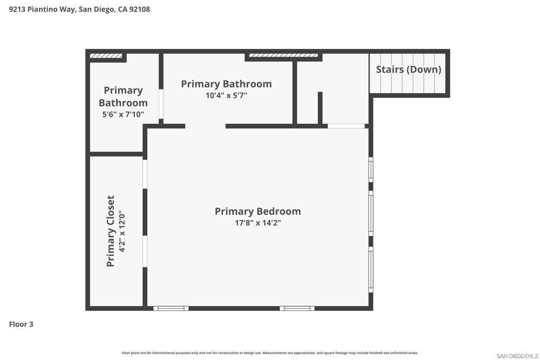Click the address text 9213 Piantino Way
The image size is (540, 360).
point(42,9)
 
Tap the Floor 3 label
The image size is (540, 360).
point(21,324)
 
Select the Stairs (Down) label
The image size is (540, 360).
point(409,70)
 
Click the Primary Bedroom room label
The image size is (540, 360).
point(257,211)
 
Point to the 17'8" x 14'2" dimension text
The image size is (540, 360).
point(257,223)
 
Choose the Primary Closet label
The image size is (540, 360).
point(111,231)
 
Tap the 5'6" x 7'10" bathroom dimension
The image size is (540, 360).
point(123,114)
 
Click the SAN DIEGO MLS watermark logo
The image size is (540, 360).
point(517,356)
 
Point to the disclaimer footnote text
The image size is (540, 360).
point(269,353)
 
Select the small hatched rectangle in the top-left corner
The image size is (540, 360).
point(106,55)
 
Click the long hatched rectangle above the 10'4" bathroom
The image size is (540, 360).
point(284,55)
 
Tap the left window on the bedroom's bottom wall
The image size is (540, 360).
point(171,308)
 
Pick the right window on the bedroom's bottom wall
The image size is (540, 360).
point(297,308)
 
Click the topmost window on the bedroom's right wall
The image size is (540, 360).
point(371,170)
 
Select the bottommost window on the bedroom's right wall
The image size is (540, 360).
point(371,270)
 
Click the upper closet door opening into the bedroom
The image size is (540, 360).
point(145,174)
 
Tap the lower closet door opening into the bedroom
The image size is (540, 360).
point(145,251)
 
